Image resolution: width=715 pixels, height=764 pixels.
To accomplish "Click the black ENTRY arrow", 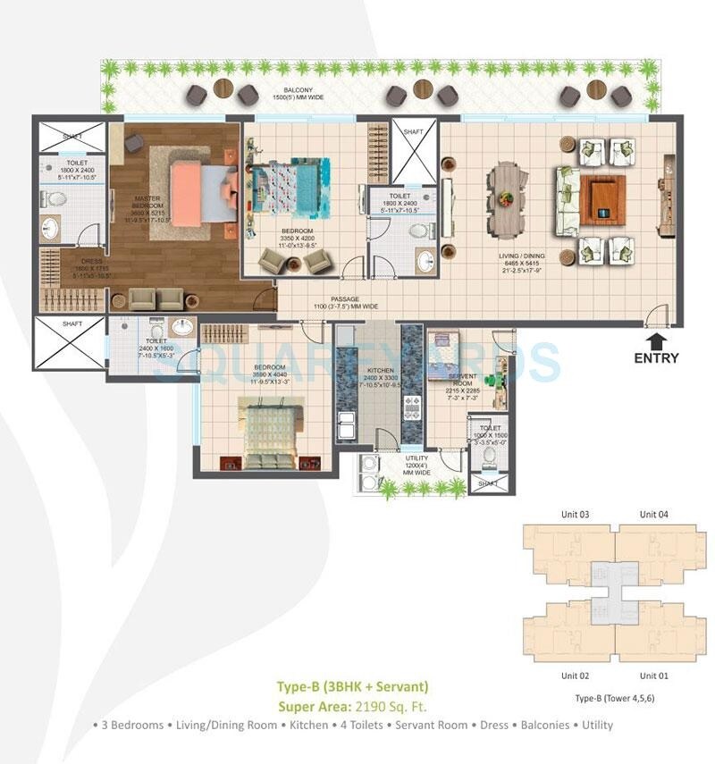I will point(657,340).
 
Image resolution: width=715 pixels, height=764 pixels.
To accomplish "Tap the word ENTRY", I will point(656,358).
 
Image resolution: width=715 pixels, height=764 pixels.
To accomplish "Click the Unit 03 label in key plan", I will point(575,514).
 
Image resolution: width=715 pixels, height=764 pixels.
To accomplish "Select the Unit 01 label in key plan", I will point(652,676).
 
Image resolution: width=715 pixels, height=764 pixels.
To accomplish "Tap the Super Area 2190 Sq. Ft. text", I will point(352,705).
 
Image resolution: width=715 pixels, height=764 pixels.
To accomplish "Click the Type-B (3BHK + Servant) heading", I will point(352,686).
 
